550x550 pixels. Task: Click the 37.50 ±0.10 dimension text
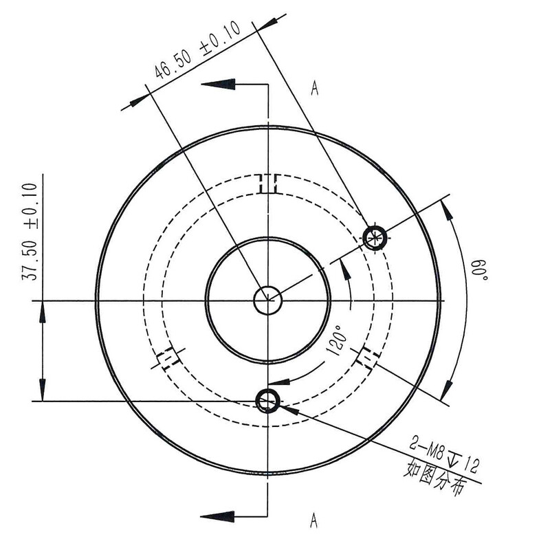pos(30,230)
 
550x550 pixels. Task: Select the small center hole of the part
pos(267,300)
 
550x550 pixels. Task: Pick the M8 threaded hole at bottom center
pos(267,399)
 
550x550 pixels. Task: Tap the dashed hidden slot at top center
pos(267,184)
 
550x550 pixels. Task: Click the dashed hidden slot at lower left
pos(167,358)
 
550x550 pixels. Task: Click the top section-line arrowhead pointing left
pos(220,84)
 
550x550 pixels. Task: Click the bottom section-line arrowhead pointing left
pos(220,515)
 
